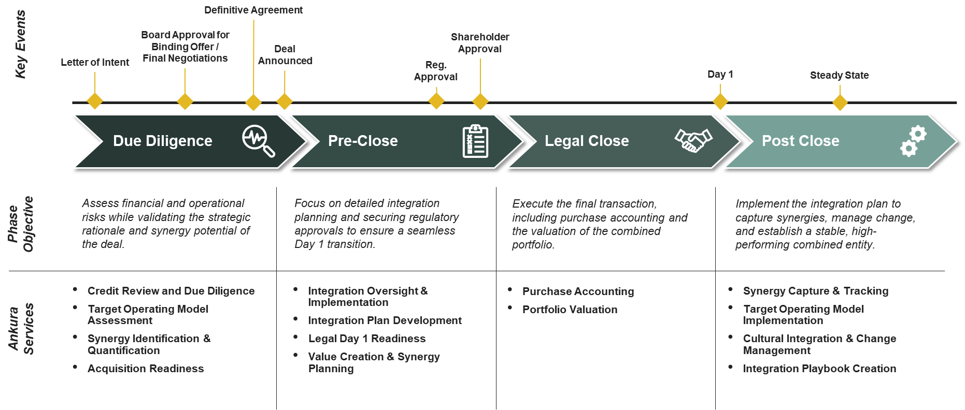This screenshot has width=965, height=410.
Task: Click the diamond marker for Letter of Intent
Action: tap(95, 101)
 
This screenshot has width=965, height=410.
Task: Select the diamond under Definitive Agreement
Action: tap(253, 102)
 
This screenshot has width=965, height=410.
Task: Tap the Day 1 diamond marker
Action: tap(720, 101)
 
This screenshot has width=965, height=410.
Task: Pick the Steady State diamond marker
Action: tap(840, 102)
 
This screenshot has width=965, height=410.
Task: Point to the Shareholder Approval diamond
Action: tap(480, 101)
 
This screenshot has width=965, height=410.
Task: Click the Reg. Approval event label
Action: tap(436, 71)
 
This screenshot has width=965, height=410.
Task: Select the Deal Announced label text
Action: tap(285, 55)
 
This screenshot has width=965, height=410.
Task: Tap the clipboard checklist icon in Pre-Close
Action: tap(475, 141)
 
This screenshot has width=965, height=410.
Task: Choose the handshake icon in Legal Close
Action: tap(693, 140)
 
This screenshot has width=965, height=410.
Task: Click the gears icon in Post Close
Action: tap(913, 141)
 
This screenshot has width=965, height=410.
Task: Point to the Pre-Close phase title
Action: tap(363, 141)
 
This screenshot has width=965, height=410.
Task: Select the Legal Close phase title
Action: tap(587, 141)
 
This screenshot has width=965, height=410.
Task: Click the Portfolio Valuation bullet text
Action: tap(570, 310)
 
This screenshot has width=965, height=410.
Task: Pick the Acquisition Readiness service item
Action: tap(146, 369)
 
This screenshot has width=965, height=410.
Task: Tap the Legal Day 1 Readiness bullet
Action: tap(367, 339)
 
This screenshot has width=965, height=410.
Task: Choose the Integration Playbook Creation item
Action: tap(819, 369)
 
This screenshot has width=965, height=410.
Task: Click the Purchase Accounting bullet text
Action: tap(578, 291)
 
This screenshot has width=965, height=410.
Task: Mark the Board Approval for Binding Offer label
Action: tap(185, 47)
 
